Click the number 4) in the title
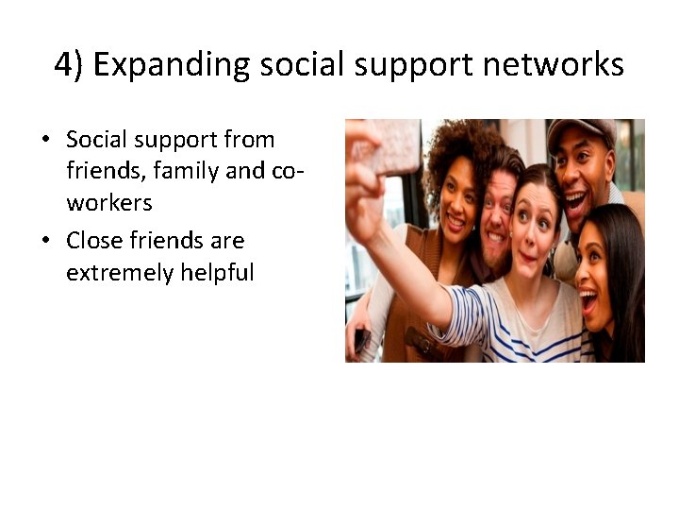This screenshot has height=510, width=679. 70,64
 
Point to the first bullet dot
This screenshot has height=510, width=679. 44,142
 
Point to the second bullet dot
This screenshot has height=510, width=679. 44,242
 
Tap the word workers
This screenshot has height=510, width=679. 109,204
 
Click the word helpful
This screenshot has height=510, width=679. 212,274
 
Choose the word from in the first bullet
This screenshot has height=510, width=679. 250,140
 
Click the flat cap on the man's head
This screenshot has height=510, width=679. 581,130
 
